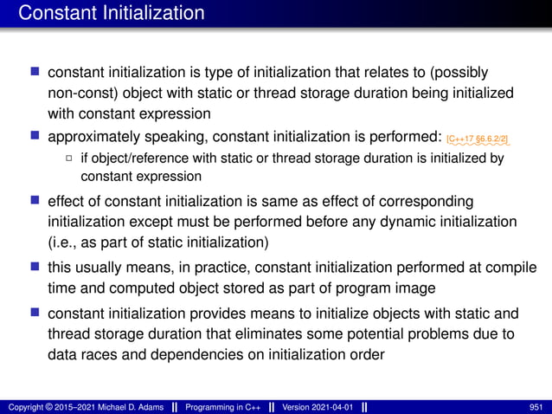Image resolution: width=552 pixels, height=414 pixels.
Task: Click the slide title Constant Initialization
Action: click(x=112, y=14)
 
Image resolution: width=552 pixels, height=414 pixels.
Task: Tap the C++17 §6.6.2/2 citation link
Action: click(x=478, y=139)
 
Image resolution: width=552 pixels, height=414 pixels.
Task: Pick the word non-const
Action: click(x=80, y=93)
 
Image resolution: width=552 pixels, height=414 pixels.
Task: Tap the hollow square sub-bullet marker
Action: click(x=69, y=158)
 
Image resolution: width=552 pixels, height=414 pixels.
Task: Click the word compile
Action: click(x=507, y=267)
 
